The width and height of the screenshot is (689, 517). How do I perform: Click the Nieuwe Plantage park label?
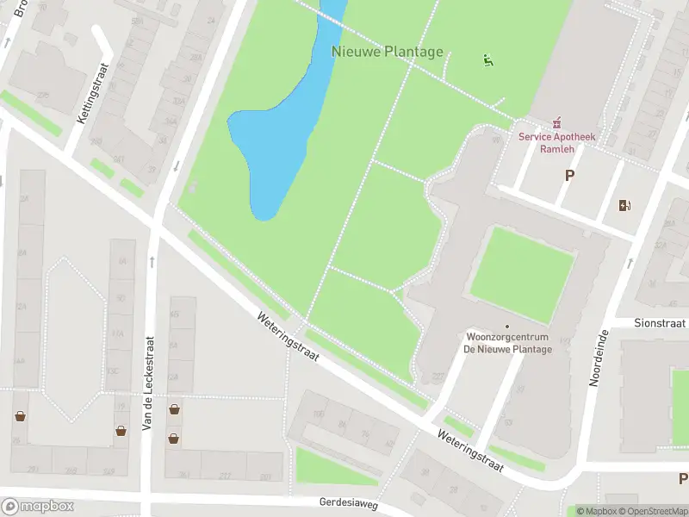tap(388, 52)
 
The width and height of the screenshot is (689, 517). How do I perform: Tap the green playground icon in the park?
tap(488, 60)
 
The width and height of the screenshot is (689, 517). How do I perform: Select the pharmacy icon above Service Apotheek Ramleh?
tap(557, 123)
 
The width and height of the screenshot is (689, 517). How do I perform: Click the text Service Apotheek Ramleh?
tap(557, 142)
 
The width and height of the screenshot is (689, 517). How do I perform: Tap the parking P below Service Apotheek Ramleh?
tap(568, 175)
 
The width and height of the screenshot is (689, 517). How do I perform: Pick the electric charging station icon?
tap(625, 205)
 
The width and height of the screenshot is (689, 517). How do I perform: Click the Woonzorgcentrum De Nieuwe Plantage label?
tap(508, 342)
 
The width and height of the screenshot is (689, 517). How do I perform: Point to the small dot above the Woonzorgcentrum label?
tap(507, 326)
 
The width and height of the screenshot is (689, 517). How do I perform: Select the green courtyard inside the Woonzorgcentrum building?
tap(522, 274)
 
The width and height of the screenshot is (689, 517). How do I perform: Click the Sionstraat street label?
tap(659, 323)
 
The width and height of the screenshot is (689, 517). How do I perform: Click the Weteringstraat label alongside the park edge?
tap(290, 337)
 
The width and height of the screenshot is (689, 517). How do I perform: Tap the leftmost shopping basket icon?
tap(20, 416)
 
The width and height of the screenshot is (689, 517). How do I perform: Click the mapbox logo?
tap(38, 506)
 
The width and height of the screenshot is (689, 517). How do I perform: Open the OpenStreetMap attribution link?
tap(642, 511)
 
